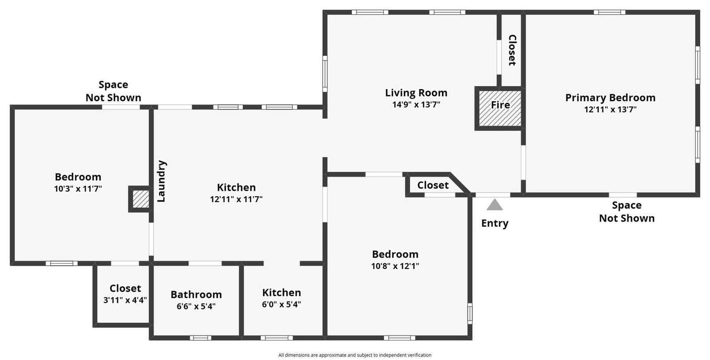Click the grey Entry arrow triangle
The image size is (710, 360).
(x=494, y=205)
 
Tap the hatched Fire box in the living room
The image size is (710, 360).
(x=500, y=108)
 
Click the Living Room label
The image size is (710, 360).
(x=416, y=93)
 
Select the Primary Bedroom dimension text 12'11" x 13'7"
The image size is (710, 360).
(x=611, y=110)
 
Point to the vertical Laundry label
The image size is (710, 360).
(x=162, y=181)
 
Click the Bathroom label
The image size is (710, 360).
(x=196, y=294)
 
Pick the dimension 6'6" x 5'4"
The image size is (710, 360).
(x=196, y=306)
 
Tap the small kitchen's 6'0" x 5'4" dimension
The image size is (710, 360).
(x=281, y=305)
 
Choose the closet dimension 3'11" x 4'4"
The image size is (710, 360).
(x=125, y=300)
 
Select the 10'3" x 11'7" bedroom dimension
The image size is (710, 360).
(x=78, y=189)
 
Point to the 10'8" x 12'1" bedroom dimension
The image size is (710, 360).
(x=395, y=266)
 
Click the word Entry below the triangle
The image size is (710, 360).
(x=495, y=223)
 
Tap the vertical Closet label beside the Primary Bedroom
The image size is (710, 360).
(x=512, y=50)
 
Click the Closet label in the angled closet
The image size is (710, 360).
(x=433, y=185)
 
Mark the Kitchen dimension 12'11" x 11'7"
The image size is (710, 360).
(x=237, y=199)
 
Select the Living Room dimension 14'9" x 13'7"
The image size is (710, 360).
(x=416, y=104)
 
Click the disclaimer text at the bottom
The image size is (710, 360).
(x=355, y=355)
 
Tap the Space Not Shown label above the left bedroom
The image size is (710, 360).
(x=114, y=91)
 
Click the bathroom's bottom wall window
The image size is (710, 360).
(x=200, y=338)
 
